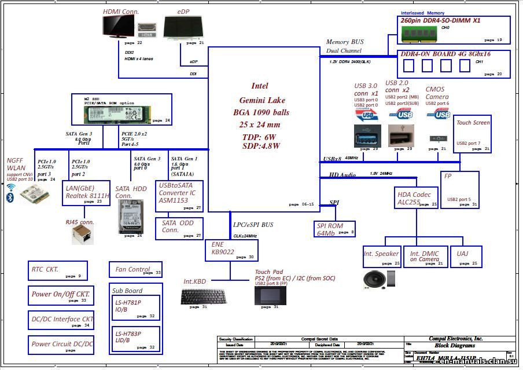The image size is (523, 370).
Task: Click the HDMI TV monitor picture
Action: (118, 27)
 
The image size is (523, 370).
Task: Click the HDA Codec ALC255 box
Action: (417, 197)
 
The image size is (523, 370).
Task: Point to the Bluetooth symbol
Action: (10, 198)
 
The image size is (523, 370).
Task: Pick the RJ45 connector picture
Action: (82, 234)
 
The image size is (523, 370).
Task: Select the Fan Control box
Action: (135, 269)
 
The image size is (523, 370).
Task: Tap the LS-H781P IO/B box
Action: (135, 307)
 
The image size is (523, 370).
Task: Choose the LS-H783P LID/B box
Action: (135, 339)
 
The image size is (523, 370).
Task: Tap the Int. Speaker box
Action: (381, 257)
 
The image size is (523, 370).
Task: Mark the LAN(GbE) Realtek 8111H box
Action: (86, 193)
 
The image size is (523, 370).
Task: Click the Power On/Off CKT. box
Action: (61, 295)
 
